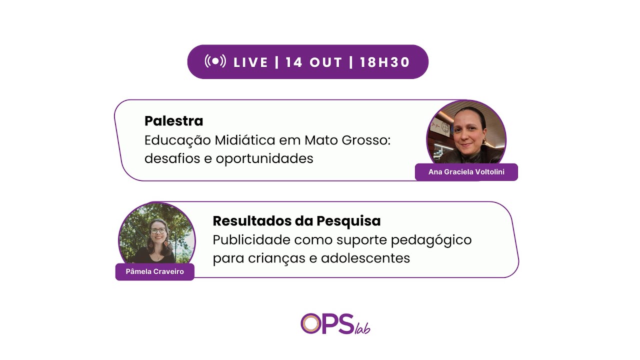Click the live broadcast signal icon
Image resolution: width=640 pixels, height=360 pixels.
pyautogui.click(x=215, y=61)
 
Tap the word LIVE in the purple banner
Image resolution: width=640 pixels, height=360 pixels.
pyautogui.click(x=251, y=62)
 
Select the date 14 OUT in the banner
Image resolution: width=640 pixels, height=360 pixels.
pyautogui.click(x=314, y=62)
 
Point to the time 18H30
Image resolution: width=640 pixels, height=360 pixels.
pyautogui.click(x=384, y=62)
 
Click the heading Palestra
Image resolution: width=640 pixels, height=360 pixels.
pyautogui.click(x=173, y=121)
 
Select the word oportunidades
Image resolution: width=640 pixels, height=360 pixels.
pyautogui.click(x=264, y=158)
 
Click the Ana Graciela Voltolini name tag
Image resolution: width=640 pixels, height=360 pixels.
pyautogui.click(x=466, y=172)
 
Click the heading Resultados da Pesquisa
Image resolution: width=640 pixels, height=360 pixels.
pyautogui.click(x=296, y=221)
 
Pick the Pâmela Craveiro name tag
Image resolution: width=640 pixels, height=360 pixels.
pyautogui.click(x=154, y=271)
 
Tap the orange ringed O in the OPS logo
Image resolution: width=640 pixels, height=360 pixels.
pyautogui.click(x=311, y=323)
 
